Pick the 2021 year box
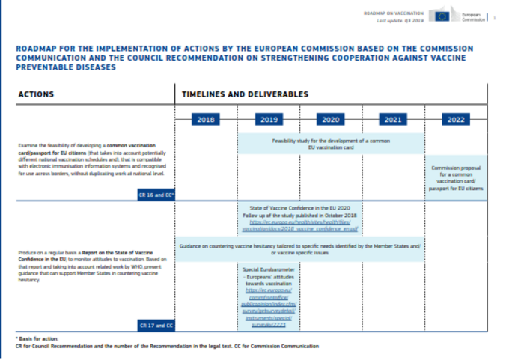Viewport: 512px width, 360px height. click(391, 119)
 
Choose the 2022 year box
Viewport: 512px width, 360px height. click(455, 119)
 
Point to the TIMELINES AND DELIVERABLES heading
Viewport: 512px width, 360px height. click(243, 94)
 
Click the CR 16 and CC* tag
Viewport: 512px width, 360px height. click(155, 194)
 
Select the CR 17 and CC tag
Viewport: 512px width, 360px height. click(155, 326)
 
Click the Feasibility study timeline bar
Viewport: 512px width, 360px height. click(331, 144)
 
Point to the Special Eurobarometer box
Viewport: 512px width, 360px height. click(268, 296)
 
